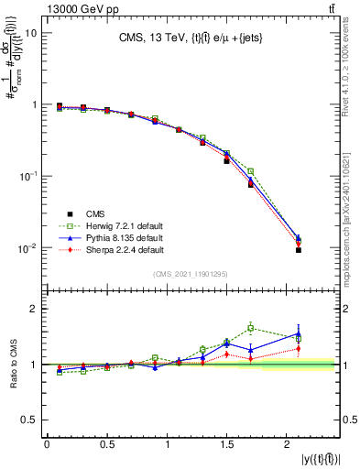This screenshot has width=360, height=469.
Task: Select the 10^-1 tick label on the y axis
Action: click(x=27, y=176)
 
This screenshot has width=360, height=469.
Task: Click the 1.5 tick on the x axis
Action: click(x=228, y=445)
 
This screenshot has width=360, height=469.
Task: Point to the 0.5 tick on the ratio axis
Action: click(x=28, y=420)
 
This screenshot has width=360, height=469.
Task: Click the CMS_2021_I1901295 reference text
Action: click(x=189, y=275)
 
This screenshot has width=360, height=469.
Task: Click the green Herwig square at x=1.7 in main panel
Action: click(x=250, y=171)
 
